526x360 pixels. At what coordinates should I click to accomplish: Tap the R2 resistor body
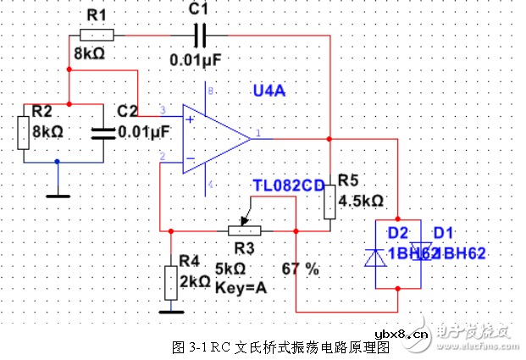(25, 131)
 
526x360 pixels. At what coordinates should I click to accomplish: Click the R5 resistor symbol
(329, 200)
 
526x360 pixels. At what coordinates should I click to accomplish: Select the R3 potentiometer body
(244, 230)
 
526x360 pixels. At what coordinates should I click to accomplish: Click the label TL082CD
(288, 185)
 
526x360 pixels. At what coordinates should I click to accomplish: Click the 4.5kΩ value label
(361, 202)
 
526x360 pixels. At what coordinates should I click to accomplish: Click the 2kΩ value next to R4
(194, 280)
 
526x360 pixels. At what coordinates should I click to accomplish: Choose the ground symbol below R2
(58, 194)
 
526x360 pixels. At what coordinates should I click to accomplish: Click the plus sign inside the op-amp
(190, 119)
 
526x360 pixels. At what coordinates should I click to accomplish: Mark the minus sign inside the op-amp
(190, 158)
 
